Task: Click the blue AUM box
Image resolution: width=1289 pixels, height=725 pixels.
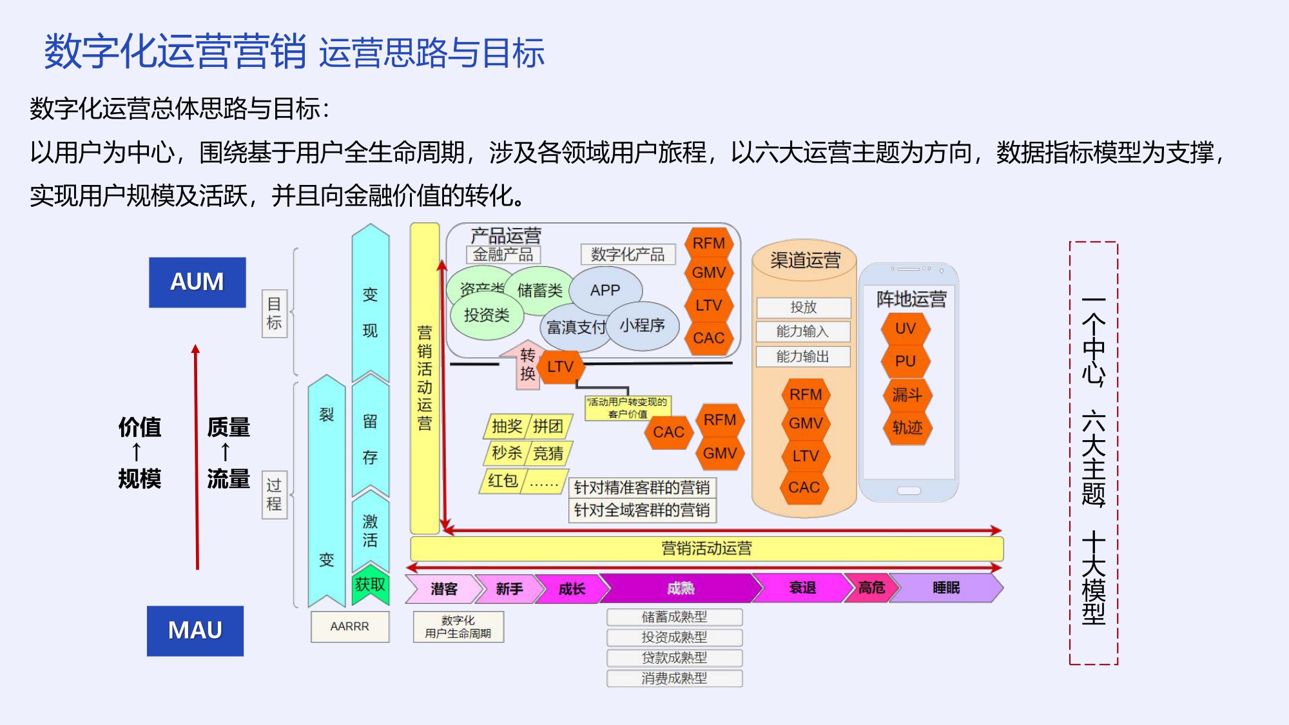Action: click(x=197, y=282)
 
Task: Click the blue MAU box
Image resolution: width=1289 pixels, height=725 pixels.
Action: click(x=195, y=630)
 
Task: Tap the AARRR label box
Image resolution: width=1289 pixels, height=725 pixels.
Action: click(x=349, y=626)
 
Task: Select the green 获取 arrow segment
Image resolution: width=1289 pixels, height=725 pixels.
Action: click(x=370, y=585)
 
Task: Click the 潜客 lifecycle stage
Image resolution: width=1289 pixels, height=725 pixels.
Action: click(x=443, y=588)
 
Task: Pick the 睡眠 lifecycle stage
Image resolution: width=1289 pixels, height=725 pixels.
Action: click(x=946, y=588)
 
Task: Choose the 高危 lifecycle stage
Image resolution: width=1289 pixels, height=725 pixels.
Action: click(x=871, y=588)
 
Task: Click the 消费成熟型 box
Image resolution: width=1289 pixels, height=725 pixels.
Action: click(x=674, y=678)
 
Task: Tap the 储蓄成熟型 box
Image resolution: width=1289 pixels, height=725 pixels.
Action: click(x=674, y=617)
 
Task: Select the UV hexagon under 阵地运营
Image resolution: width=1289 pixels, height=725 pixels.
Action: click(x=905, y=329)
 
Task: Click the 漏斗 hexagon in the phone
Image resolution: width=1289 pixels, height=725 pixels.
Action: click(x=906, y=394)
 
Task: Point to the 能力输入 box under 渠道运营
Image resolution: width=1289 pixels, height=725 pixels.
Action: click(x=803, y=331)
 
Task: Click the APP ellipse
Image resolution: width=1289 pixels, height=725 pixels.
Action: click(x=605, y=291)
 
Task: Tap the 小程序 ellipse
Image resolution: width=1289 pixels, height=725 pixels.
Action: click(x=642, y=326)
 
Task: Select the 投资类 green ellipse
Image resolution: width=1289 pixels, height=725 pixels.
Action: click(x=486, y=315)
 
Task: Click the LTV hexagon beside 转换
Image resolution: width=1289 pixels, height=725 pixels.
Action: click(x=560, y=367)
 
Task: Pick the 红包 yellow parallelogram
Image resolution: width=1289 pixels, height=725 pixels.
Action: click(x=503, y=481)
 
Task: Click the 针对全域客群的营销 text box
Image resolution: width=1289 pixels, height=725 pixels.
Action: click(x=642, y=510)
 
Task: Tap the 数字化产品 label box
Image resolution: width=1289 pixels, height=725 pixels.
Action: click(x=627, y=255)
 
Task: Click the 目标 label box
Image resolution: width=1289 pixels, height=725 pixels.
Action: click(x=274, y=313)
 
